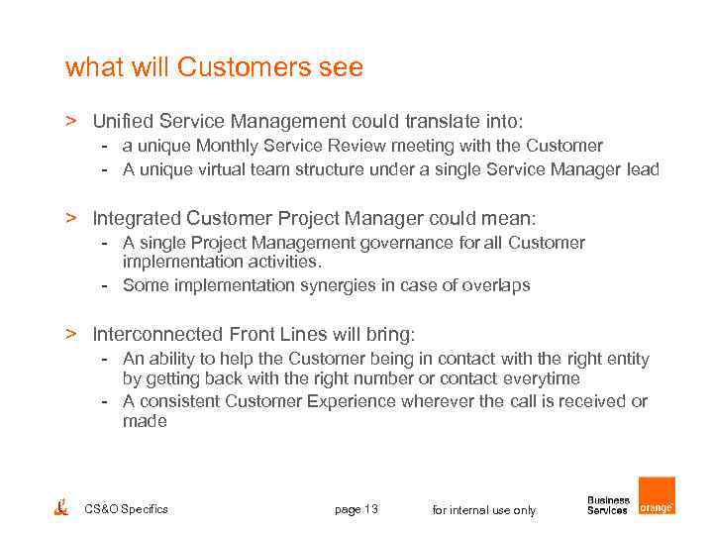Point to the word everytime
542,378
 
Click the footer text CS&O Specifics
127,509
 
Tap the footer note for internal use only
484,510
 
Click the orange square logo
657,495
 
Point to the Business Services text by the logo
608,505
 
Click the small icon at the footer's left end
61,507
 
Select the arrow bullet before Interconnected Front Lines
71,334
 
